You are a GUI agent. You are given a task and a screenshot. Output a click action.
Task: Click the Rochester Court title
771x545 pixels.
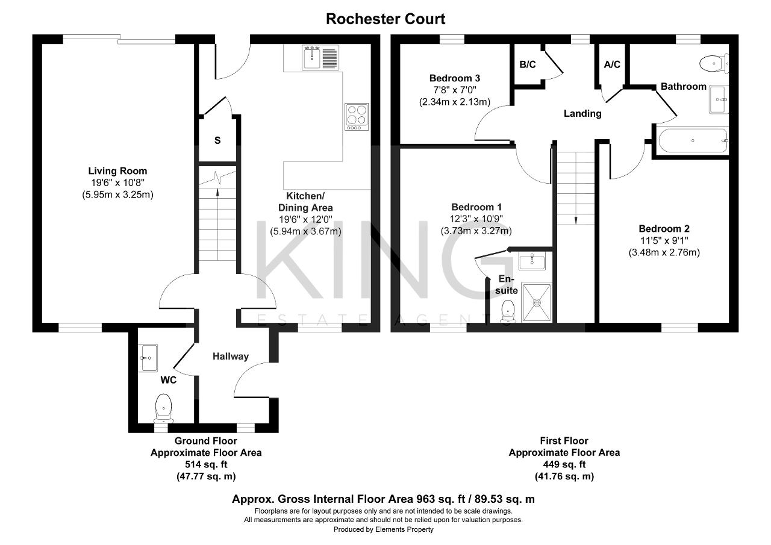pos(385,19)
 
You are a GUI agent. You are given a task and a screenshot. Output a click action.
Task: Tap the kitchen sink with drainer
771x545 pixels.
pos(320,57)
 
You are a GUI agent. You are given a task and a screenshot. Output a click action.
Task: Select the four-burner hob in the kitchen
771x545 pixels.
pos(357,117)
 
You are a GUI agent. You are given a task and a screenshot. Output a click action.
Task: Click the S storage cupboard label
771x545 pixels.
pos(217,140)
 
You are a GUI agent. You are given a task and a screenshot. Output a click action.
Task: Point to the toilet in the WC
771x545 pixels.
pos(163,408)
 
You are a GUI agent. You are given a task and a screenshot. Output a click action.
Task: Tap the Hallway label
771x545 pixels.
pos(230,357)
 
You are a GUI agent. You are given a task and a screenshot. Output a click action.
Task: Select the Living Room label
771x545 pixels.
pos(117,170)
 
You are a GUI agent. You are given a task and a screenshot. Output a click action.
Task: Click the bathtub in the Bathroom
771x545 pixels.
pos(693,140)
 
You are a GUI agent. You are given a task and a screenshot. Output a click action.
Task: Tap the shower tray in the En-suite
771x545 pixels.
pos(537,302)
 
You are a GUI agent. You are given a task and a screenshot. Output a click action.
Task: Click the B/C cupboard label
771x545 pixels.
pos(527,64)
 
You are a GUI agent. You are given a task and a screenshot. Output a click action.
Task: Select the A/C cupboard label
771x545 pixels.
pos(611,64)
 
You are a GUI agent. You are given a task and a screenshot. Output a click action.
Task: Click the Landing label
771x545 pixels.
pos(582,114)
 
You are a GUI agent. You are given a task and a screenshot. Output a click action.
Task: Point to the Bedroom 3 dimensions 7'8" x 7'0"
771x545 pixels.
pos(454,90)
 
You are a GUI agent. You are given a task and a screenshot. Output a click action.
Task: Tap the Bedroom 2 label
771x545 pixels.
pos(664,229)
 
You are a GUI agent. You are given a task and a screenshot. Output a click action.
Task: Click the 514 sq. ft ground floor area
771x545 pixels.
pos(206,464)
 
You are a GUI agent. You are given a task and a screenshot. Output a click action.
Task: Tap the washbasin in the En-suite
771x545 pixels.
pos(532,261)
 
